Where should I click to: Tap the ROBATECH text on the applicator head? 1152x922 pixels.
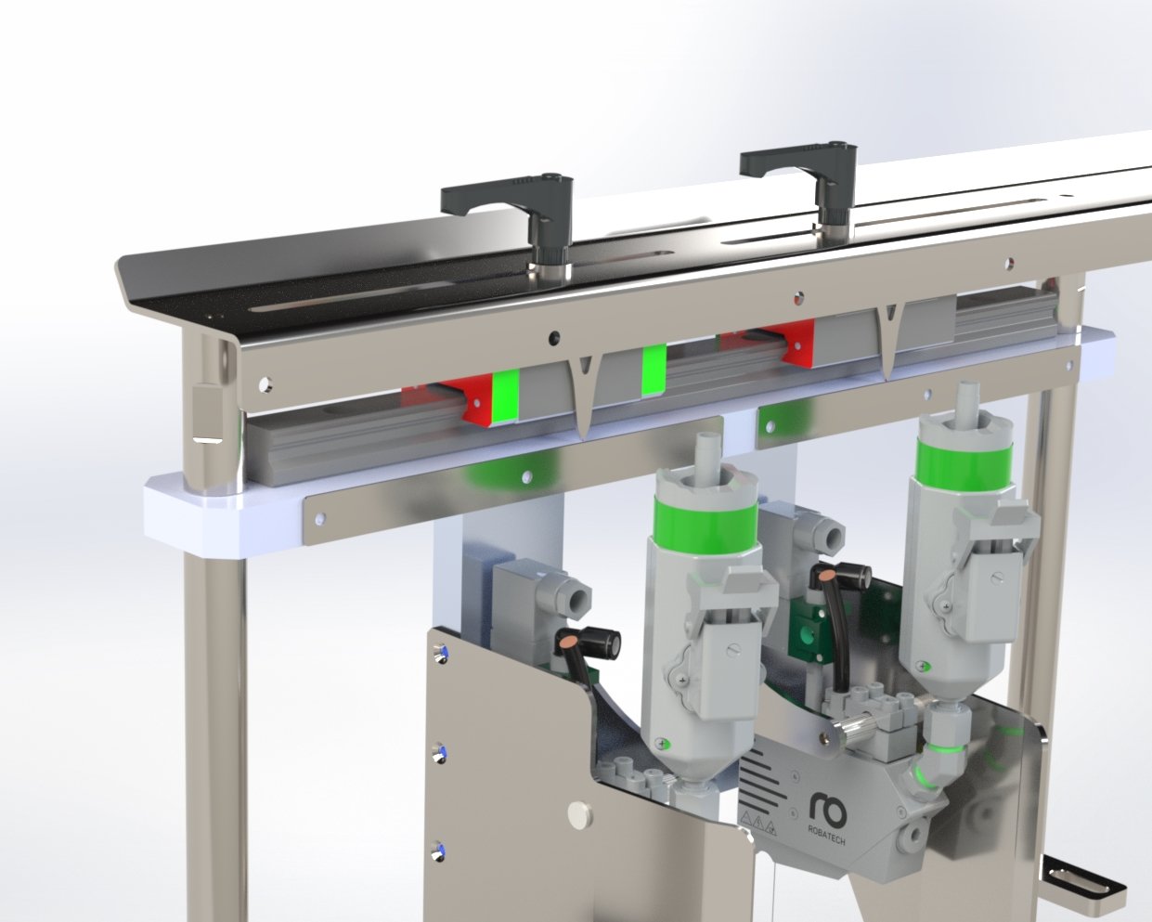pyautogui.click(x=826, y=836)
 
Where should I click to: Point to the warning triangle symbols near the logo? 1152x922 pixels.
pyautogui.click(x=758, y=825)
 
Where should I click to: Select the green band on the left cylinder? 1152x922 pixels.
pyautogui.click(x=705, y=519)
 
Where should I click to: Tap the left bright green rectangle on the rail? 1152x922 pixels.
pyautogui.click(x=506, y=397)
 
